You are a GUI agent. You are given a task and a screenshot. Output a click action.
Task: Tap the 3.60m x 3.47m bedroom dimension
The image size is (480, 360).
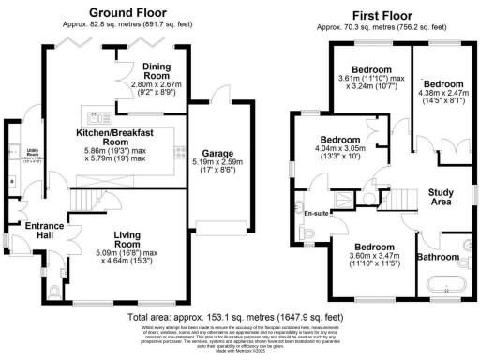pyautogui.click(x=373, y=260)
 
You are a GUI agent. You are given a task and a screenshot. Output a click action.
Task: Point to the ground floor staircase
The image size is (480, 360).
pyautogui.click(x=84, y=200)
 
